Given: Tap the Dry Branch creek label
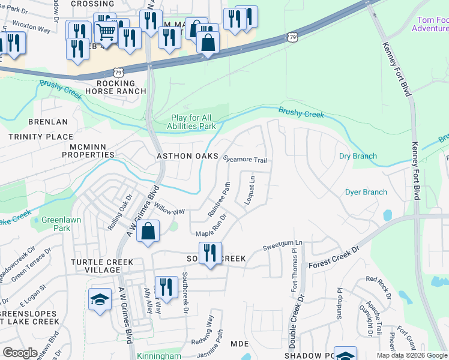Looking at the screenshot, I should pyautogui.click(x=358, y=157).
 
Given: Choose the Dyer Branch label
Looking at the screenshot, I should pyautogui.click(x=366, y=193).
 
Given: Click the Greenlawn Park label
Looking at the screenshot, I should pyautogui.click(x=56, y=224).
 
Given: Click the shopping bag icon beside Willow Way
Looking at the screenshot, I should pyautogui.click(x=148, y=231).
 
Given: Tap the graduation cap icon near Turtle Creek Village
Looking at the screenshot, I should pyautogui.click(x=100, y=299).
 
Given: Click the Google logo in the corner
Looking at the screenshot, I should pyautogui.click(x=20, y=353).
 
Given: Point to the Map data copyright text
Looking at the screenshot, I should pyautogui.click(x=411, y=355).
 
